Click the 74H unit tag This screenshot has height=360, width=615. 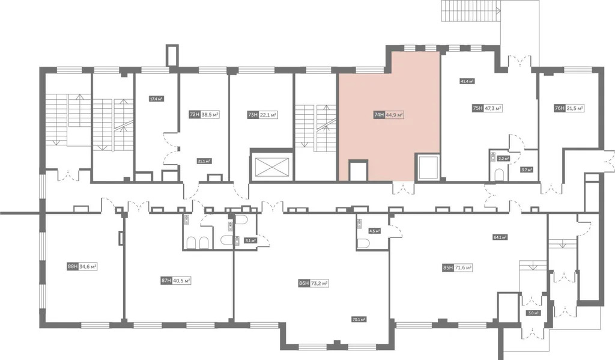click(379, 114)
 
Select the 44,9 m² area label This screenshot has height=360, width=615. click(395, 114)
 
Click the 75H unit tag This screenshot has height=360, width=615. click(478, 109)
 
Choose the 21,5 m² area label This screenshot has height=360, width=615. click(575, 108)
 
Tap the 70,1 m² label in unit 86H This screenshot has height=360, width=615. click(360, 319)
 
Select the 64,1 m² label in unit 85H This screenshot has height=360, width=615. click(500, 237)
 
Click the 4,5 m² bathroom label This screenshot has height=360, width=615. click(375, 230)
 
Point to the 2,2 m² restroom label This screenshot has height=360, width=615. click(503, 159)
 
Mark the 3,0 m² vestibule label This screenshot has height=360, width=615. click(533, 313)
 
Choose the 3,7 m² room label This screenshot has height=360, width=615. click(527, 169)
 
